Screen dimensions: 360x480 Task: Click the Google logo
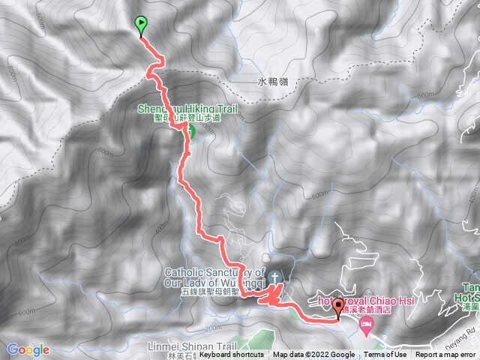tap(28, 349)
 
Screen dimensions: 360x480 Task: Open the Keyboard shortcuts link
tap(232, 355)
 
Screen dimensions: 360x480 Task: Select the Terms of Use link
tap(385, 355)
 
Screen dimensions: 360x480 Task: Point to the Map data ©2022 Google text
tap(313, 355)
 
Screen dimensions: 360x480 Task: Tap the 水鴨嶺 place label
tap(272, 82)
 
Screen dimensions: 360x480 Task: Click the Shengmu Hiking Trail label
tap(187, 109)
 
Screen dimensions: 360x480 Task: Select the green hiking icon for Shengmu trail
tap(188, 132)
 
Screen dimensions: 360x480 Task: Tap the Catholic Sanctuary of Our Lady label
tap(214, 277)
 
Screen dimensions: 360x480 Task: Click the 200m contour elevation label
tap(213, 328)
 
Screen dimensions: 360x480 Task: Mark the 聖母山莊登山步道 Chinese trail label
tap(179, 118)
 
